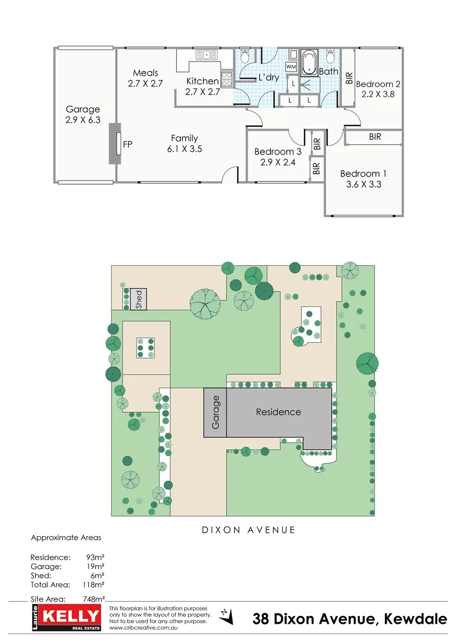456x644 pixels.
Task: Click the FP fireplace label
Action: point(127,144)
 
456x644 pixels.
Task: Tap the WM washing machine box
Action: point(292,66)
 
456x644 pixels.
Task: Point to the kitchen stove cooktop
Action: point(227,79)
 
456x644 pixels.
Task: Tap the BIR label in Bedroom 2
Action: point(349,78)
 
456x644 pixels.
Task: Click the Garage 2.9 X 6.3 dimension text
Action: point(82,120)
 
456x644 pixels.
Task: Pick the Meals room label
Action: point(145,73)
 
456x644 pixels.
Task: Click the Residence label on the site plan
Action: point(278,412)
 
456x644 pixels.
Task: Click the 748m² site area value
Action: point(93,599)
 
